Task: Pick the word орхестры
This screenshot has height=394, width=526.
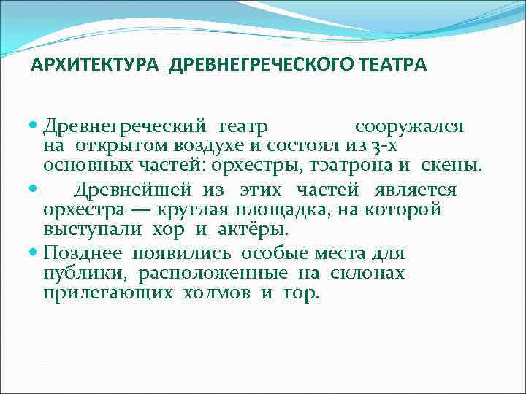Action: pyautogui.click(x=262, y=166)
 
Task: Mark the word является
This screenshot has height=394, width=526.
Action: pyautogui.click(x=416, y=190)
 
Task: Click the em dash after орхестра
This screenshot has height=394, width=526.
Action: pyautogui.click(x=138, y=209)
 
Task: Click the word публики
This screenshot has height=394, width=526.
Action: pyautogui.click(x=75, y=273)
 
